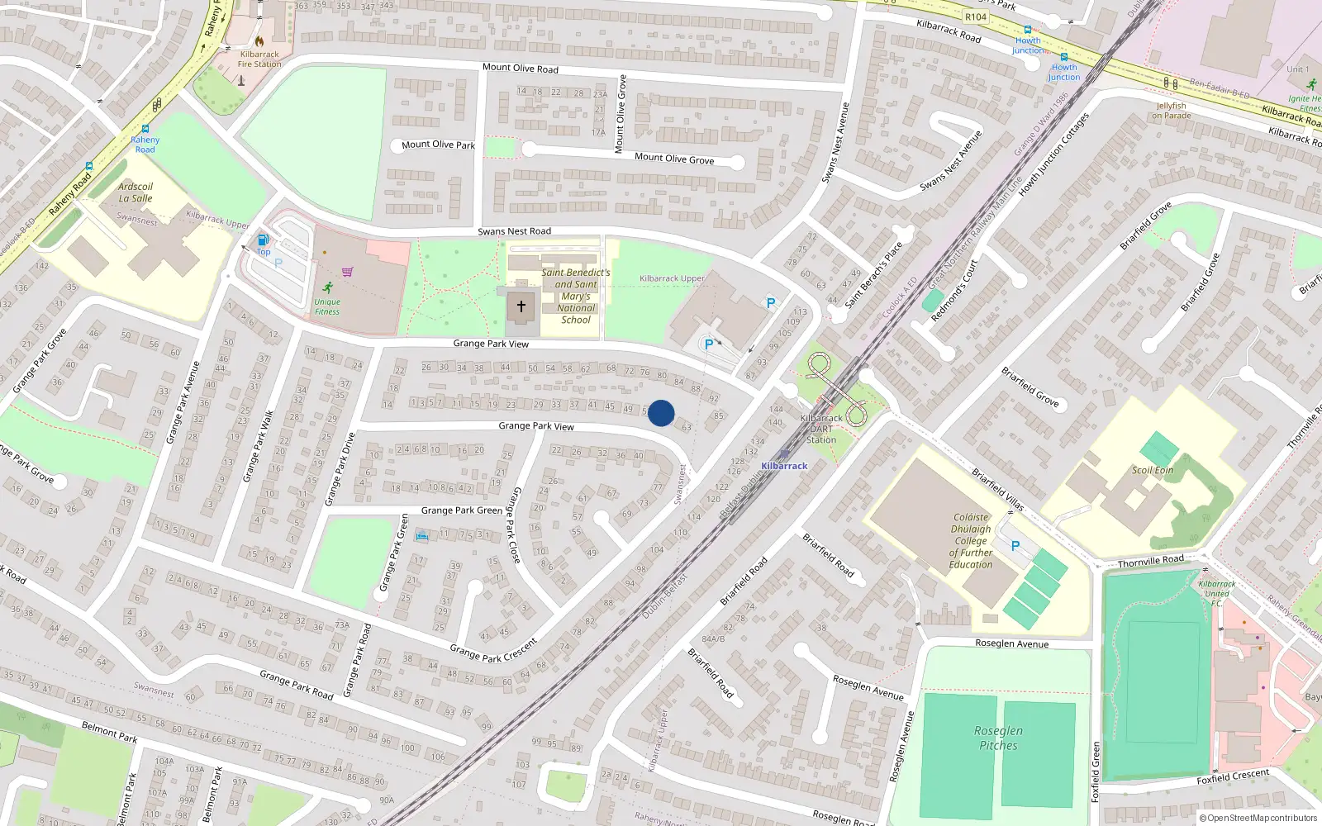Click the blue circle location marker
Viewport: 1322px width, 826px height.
[x=661, y=413]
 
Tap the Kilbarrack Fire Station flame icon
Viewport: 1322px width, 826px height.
[x=259, y=40]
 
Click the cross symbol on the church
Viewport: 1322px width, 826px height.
[x=521, y=306]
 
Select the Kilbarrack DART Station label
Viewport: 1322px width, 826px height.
[x=821, y=429]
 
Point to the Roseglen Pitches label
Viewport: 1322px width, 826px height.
[x=998, y=738]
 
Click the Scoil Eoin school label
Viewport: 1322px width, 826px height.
[x=1153, y=470]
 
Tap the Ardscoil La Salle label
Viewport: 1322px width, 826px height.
[x=136, y=192]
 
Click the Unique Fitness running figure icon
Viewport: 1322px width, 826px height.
[x=328, y=287]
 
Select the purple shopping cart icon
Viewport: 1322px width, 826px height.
[x=348, y=271]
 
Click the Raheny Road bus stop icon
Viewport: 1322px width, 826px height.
[x=145, y=129]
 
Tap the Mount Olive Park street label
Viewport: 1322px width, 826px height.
[x=438, y=145]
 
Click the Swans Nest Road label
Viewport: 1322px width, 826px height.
[x=514, y=231]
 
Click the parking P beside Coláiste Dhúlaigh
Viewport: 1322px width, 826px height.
[x=1015, y=546]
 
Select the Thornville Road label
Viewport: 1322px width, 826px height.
[x=1150, y=561]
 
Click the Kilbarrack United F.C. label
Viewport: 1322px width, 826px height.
[x=1216, y=593]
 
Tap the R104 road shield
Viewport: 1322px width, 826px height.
[x=975, y=17]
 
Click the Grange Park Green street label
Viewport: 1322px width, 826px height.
[x=461, y=510]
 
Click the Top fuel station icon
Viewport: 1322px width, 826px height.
[x=263, y=240]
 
